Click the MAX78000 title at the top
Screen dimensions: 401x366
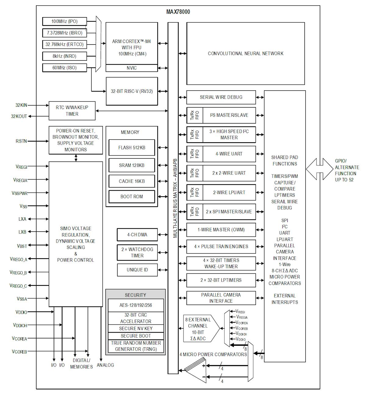(178, 12)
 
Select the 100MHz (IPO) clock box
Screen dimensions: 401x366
(65, 21)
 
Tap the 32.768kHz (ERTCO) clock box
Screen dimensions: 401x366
(65, 44)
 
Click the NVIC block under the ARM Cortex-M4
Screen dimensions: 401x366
(131, 68)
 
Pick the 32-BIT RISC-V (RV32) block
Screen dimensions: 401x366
(131, 91)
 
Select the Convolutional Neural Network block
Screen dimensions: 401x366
(246, 53)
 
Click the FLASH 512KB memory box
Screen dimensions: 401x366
(131, 148)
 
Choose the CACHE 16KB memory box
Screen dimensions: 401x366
(131, 181)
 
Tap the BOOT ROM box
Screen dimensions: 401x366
(131, 197)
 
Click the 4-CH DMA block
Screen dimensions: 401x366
(137, 235)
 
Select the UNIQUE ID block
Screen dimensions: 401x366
(137, 270)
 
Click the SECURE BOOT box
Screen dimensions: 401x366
(136, 336)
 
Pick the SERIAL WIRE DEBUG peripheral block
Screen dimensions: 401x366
(221, 97)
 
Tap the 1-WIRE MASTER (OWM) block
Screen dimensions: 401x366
(221, 230)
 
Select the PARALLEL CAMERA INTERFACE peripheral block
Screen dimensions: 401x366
(221, 298)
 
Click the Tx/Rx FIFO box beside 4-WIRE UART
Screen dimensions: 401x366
(195, 154)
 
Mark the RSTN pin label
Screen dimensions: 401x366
(21, 141)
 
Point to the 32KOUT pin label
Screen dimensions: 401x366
(19, 116)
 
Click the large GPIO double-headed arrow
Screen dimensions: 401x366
(320, 169)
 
